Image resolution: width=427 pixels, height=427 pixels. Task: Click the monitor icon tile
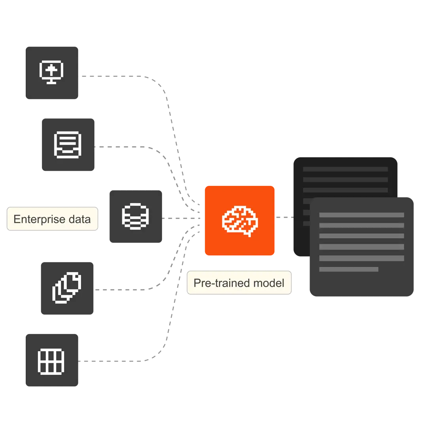pos(52,73)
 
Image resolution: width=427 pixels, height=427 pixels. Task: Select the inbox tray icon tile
pos(68,145)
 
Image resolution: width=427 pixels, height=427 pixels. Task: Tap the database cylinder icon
pos(136,216)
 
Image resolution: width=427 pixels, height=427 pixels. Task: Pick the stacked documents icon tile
pos(66,288)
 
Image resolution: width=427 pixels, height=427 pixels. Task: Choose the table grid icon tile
pos(52,361)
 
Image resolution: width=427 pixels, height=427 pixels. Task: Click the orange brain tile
pos(239,220)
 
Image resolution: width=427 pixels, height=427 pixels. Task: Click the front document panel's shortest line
pos(348,269)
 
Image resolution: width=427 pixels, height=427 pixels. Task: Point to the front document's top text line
pos(361,215)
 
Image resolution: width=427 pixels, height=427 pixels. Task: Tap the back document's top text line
pos(345,169)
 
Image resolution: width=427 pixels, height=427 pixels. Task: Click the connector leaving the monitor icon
pos(115,75)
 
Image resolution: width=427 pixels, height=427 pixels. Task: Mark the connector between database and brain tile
pos(180,218)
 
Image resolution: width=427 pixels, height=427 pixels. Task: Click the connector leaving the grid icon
pos(115,361)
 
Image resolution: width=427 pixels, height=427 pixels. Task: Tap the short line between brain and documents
pos(282,217)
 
